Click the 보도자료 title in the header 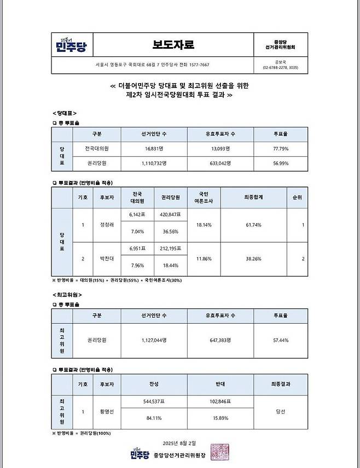coord(173,44)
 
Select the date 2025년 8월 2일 coord(179,442)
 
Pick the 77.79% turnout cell coord(281,149)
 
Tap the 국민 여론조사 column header coord(204,197)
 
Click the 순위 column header coord(297,197)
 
